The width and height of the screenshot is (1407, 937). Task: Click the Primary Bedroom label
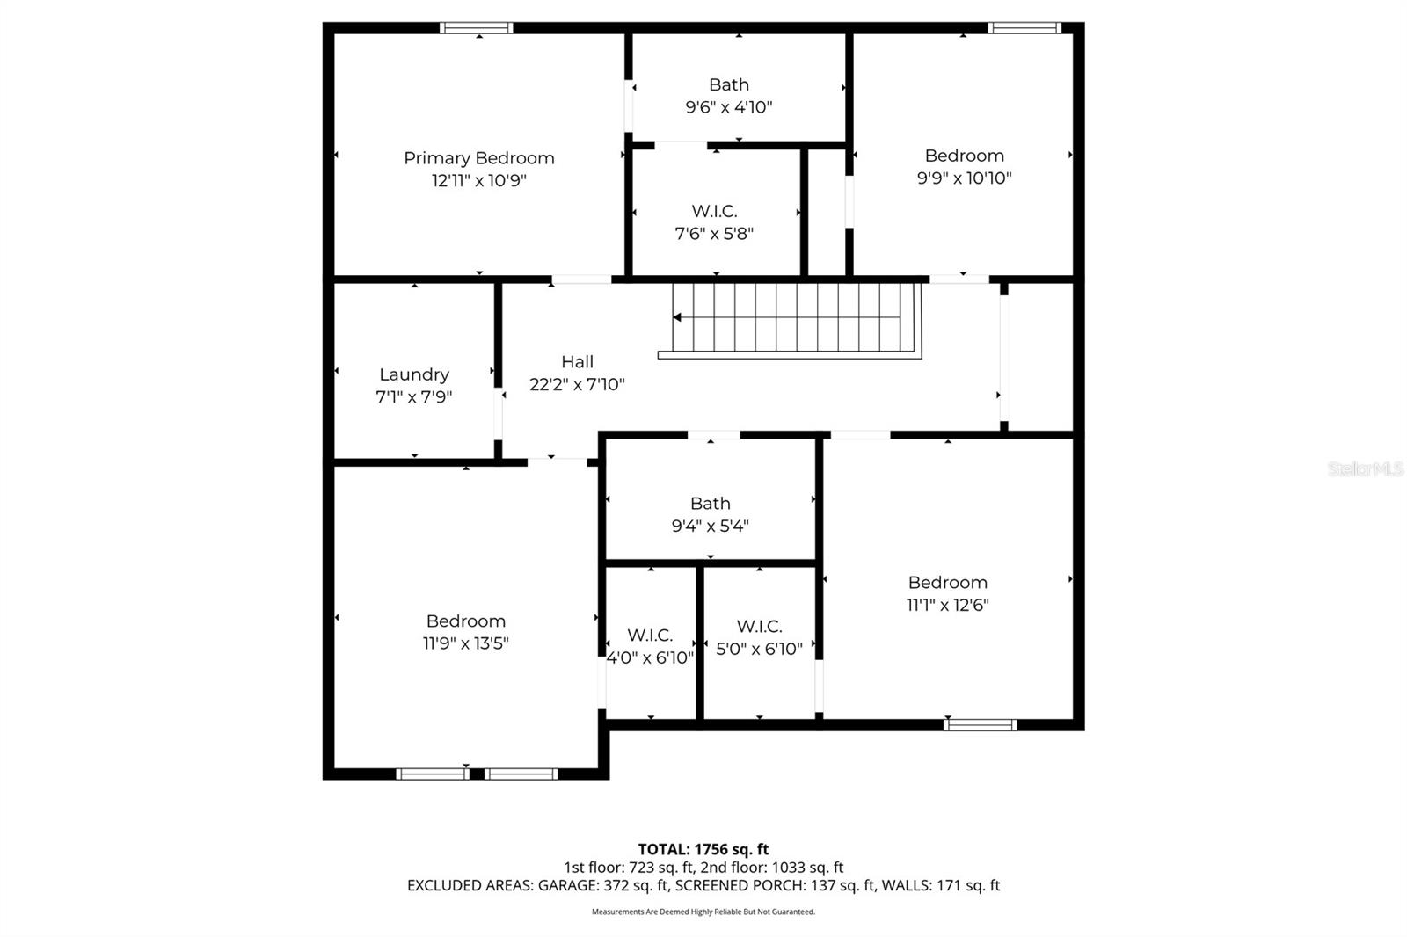tap(478, 158)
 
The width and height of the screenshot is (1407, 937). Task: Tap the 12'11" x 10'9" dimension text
tap(478, 181)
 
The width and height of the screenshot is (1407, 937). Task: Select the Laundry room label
tap(413, 374)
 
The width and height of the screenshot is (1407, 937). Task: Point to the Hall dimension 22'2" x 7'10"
tap(577, 384)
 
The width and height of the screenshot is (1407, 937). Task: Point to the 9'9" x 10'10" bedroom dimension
tap(964, 178)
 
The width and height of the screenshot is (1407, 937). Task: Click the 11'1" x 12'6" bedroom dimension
tap(947, 605)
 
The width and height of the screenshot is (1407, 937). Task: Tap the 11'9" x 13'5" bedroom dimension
tap(465, 643)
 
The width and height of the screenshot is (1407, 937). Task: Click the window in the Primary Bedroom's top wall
tap(476, 28)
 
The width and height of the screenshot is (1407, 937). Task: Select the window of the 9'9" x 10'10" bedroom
tap(1024, 28)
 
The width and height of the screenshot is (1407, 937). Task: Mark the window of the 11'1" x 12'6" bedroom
tap(980, 725)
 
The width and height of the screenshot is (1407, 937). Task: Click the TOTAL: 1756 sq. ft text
tap(703, 849)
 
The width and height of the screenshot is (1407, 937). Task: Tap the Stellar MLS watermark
tap(1366, 469)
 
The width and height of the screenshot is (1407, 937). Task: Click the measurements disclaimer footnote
tap(703, 912)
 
